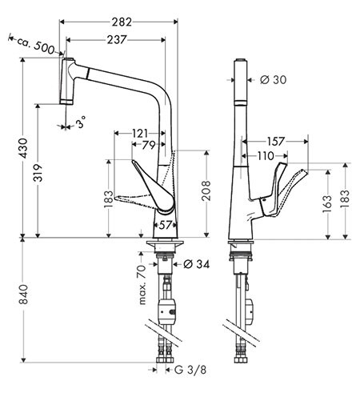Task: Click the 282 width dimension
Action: coord(122,22)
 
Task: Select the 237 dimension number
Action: coord(117,40)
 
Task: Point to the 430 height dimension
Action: coord(23,148)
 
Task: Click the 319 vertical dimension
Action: coord(38,173)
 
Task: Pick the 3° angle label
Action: coord(81,123)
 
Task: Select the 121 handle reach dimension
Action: coord(140,133)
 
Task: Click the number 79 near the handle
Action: coord(149,145)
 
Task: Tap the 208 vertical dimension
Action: coord(206,190)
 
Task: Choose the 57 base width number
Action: coord(166,226)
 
